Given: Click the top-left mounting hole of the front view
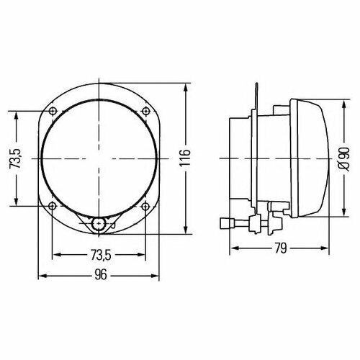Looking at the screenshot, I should [54, 110].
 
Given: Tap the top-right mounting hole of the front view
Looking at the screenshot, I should [145, 110].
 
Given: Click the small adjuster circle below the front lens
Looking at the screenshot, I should [99, 224].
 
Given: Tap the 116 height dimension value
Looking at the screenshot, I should [185, 158].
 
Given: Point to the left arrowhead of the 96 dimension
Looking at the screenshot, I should [41, 275].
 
